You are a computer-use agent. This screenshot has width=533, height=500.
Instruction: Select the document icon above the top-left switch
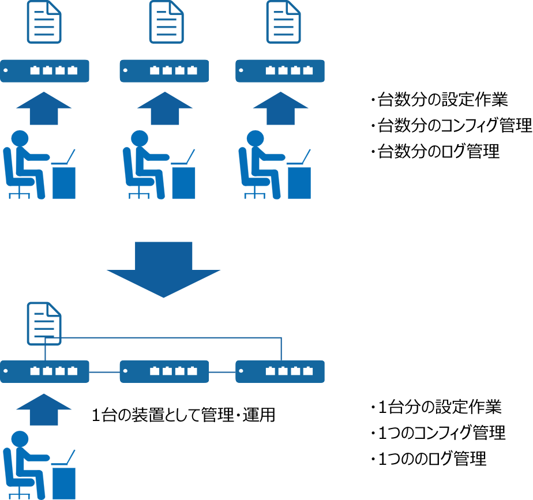[44, 22]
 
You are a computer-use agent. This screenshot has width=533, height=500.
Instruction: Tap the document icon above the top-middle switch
[166, 22]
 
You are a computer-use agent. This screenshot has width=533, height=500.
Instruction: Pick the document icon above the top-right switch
[283, 22]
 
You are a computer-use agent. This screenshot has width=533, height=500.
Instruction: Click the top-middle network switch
[164, 71]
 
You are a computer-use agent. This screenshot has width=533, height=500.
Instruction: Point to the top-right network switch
[280, 71]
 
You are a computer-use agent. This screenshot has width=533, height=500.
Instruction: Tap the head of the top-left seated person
[20, 138]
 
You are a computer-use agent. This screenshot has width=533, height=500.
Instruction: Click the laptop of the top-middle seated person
[183, 158]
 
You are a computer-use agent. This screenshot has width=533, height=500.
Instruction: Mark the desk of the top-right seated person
[299, 183]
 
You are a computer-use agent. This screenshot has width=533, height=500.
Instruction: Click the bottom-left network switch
[44, 371]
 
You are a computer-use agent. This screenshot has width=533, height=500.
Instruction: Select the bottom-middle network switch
[164, 371]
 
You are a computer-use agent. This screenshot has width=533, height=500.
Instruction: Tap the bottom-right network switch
[280, 371]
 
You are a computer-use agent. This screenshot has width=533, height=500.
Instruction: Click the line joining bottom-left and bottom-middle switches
[104, 372]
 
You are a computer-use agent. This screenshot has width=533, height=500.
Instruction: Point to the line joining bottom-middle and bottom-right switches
[222, 372]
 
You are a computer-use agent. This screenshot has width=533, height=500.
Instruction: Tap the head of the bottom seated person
[20, 439]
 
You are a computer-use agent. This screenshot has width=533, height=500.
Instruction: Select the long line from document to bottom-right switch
[173, 337]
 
